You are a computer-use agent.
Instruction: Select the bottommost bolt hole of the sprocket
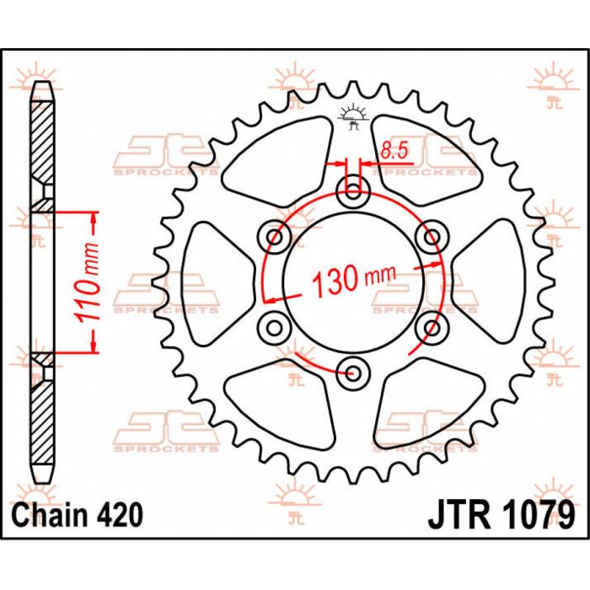352,371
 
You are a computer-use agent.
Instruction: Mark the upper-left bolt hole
275,237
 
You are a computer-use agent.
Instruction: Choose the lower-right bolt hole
430,326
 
